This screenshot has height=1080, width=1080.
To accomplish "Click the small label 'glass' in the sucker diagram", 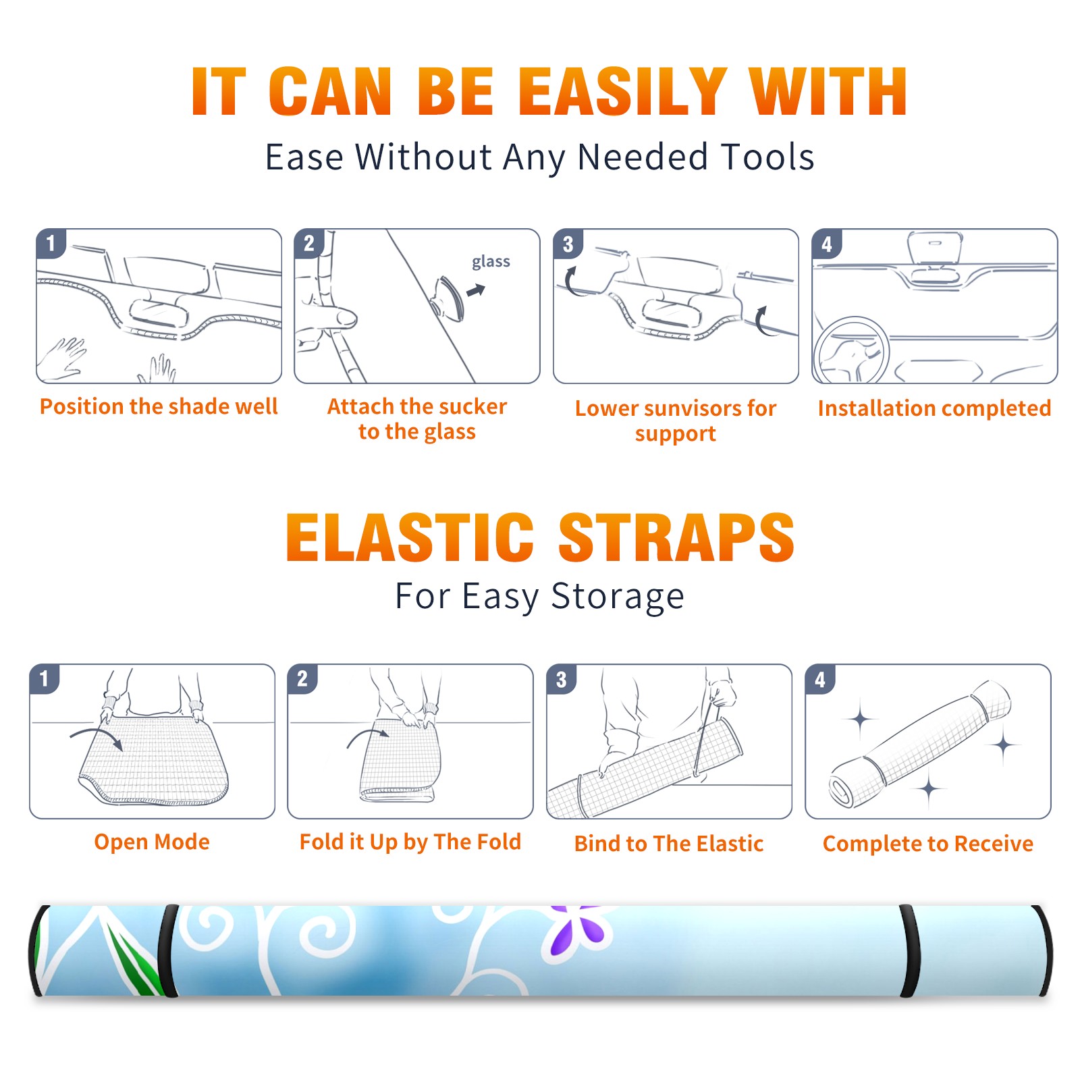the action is pyautogui.click(x=491, y=262).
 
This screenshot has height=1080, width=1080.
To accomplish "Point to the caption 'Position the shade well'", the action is pyautogui.click(x=159, y=406).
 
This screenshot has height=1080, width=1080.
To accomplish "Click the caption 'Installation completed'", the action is pyautogui.click(x=934, y=408).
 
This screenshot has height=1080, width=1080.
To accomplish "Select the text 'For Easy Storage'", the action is pyautogui.click(x=540, y=597).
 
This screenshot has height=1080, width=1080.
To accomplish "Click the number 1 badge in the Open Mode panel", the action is pyautogui.click(x=45, y=678).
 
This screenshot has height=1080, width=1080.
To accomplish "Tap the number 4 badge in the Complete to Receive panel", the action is pyautogui.click(x=820, y=679).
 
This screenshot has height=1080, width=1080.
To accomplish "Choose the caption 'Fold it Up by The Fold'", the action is pyautogui.click(x=410, y=842).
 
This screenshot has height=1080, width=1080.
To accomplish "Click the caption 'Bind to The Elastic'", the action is pyautogui.click(x=669, y=844).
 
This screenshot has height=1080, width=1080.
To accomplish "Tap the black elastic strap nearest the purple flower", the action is pyautogui.click(x=909, y=951).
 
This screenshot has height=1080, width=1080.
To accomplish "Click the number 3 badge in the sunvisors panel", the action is pyautogui.click(x=568, y=244).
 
